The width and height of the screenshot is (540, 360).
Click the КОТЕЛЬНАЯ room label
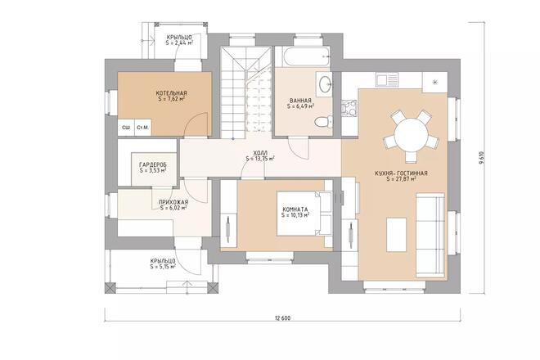pyautogui.click(x=172, y=93)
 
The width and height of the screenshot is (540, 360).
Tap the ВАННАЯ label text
pyautogui.click(x=300, y=100)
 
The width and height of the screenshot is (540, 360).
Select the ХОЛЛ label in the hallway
pyautogui.click(x=259, y=153)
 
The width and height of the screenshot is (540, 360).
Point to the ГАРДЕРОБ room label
pyautogui.click(x=153, y=164)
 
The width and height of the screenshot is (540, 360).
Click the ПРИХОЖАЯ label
pyautogui.click(x=173, y=201)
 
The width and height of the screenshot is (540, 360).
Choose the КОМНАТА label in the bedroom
pyautogui.click(x=295, y=209)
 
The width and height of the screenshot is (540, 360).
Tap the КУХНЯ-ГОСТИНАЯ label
pyautogui.click(x=401, y=173)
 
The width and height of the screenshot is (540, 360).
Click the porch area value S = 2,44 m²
pyautogui.click(x=180, y=44)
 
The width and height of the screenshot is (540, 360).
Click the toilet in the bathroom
pyautogui.click(x=322, y=123)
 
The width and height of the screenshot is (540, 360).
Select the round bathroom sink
pyautogui.click(x=325, y=83)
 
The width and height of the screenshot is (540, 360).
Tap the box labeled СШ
pyautogui.click(x=126, y=127)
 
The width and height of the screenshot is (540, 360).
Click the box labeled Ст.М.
pyautogui.click(x=142, y=127)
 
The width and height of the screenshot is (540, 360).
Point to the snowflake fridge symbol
pyautogui.click(x=434, y=83)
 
